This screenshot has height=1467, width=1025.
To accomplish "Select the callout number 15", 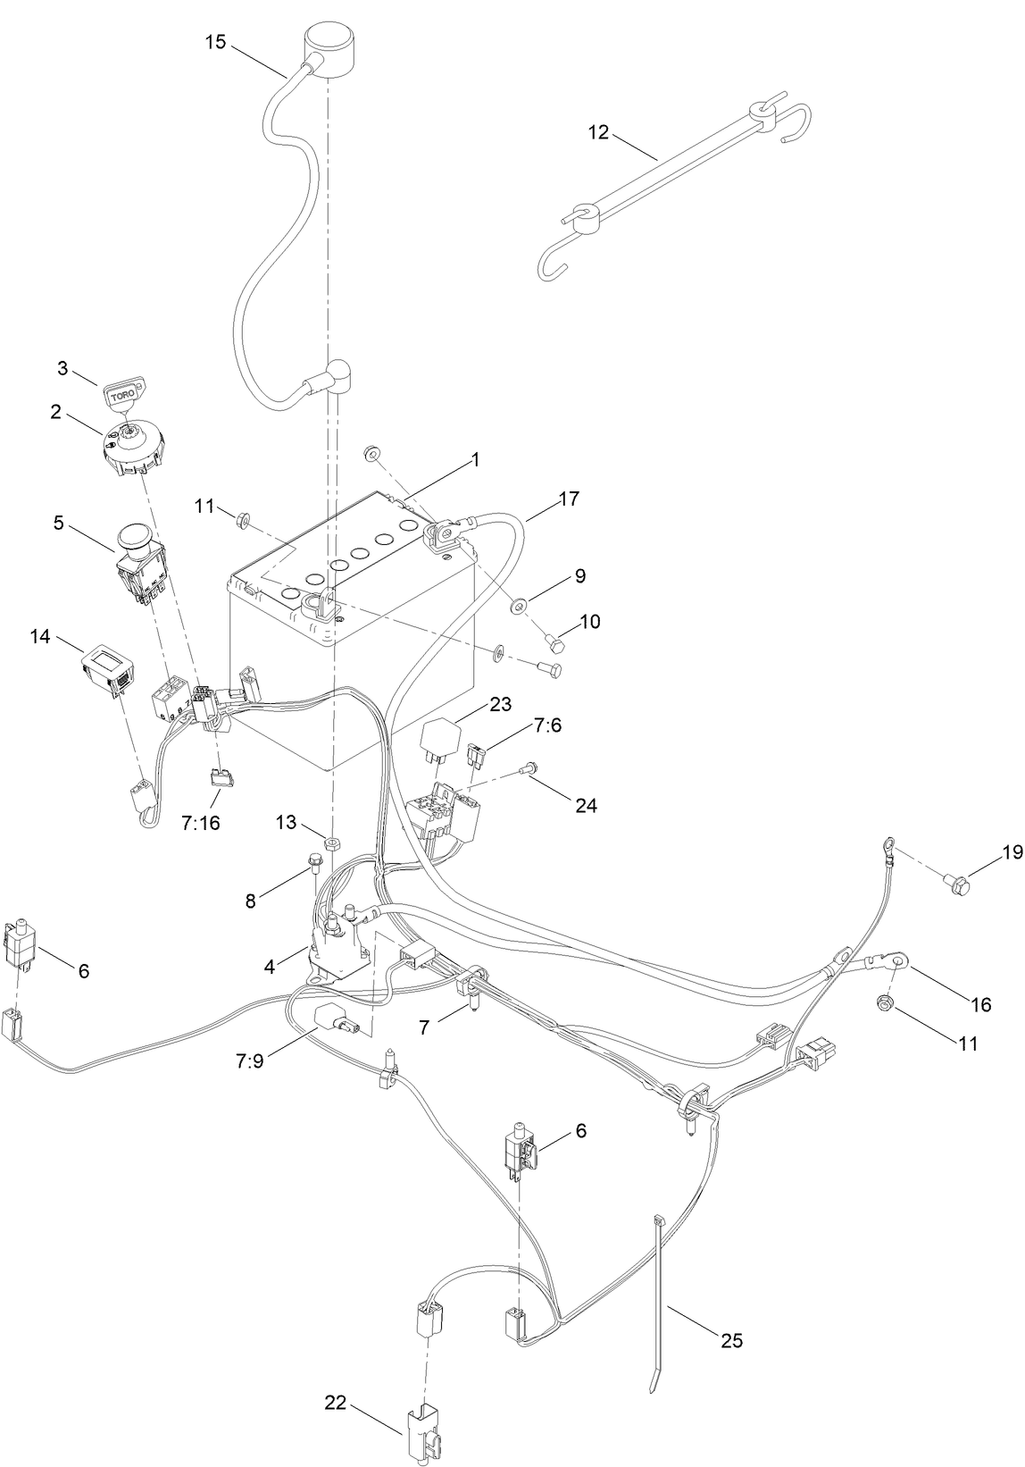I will [x=214, y=42].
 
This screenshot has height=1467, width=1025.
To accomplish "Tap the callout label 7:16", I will [x=199, y=822].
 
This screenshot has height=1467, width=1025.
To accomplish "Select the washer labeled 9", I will [x=519, y=608].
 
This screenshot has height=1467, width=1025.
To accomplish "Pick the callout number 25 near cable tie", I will [x=731, y=1340].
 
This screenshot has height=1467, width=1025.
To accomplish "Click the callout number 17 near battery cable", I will [x=569, y=499].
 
